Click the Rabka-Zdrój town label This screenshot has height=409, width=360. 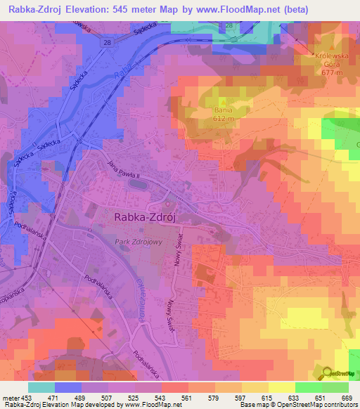(144, 218)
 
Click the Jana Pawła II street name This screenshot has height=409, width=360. (121, 169)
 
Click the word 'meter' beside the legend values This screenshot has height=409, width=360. (9, 397)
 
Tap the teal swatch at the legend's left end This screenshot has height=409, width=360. (41, 387)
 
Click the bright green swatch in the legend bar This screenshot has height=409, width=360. (308, 387)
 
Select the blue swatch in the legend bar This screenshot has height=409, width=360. (68, 387)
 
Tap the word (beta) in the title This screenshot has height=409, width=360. (339, 9)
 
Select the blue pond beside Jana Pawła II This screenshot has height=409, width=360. (139, 184)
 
